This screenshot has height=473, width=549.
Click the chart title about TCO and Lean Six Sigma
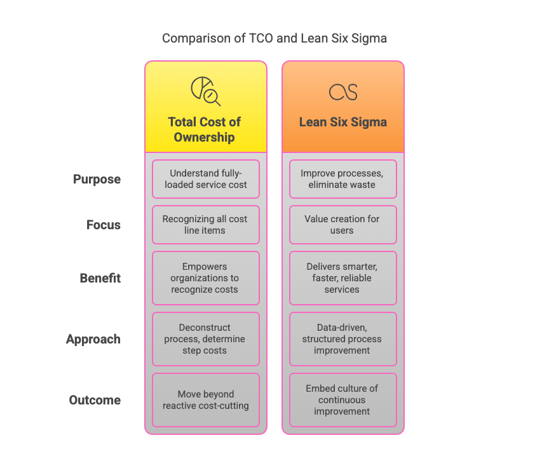click(x=274, y=38)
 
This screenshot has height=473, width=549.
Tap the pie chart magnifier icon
click(x=206, y=91)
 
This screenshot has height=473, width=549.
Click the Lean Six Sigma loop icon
click(x=343, y=92)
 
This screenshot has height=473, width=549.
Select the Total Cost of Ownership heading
click(x=205, y=130)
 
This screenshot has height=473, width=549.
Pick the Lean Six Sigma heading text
click(x=343, y=122)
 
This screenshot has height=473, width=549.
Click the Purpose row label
click(x=97, y=179)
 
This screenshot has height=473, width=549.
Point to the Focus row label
click(x=104, y=225)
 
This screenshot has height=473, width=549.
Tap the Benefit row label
click(x=100, y=278)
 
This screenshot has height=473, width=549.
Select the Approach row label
click(x=93, y=339)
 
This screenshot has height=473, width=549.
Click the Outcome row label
click(x=95, y=400)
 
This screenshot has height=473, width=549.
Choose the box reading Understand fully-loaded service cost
click(x=206, y=179)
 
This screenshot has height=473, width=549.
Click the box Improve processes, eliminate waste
click(x=343, y=179)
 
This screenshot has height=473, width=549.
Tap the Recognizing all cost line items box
click(x=206, y=225)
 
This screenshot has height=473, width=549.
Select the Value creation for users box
click(x=343, y=225)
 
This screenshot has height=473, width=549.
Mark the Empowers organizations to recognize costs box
click(x=206, y=278)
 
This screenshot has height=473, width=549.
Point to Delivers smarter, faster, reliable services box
click(x=343, y=278)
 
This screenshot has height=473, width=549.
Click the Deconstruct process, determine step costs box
click(x=206, y=339)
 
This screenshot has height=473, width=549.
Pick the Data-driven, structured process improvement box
click(x=343, y=339)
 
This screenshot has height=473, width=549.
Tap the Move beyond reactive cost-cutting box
click(x=206, y=400)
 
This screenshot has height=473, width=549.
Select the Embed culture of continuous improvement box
click(x=343, y=400)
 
